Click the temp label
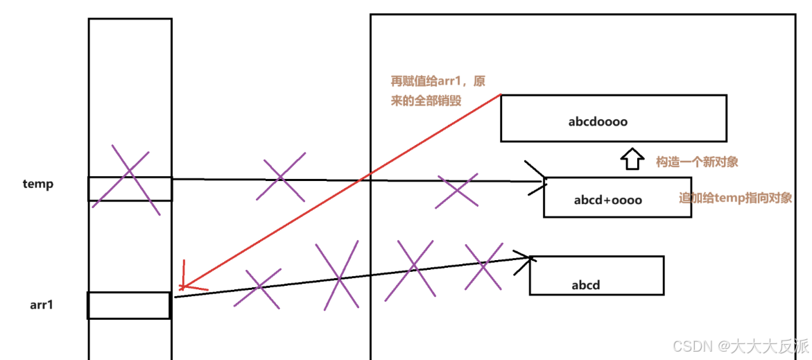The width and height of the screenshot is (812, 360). (x=37, y=185)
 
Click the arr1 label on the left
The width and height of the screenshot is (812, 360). (x=42, y=304)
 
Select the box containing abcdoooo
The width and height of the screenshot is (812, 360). (x=613, y=118)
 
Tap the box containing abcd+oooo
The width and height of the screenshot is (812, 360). (x=616, y=197)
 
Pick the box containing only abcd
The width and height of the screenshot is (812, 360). (x=596, y=275)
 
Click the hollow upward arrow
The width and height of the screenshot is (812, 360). (x=630, y=160)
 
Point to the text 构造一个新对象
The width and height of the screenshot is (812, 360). (x=696, y=162)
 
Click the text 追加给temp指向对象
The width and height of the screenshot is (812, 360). (x=735, y=198)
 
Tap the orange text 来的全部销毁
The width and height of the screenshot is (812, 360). (x=426, y=101)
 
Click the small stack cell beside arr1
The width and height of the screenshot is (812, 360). (x=129, y=305)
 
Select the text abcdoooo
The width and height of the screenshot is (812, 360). (x=598, y=121)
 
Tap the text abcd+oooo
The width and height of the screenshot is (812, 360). (x=607, y=200)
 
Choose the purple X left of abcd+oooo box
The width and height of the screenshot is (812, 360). (x=456, y=191)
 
